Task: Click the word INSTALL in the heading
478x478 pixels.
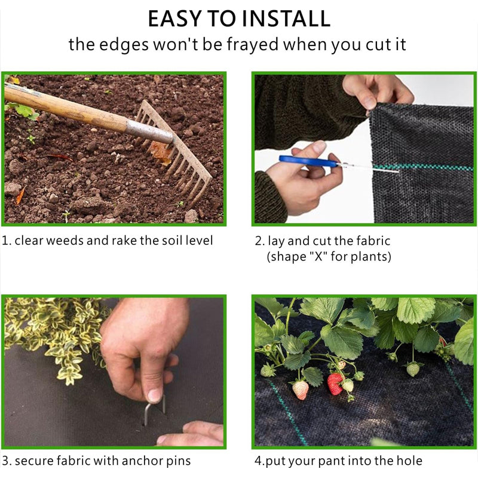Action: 286,19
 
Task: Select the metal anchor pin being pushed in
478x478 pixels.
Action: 155,409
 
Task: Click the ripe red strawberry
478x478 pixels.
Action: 335,384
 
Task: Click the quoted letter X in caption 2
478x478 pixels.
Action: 318,256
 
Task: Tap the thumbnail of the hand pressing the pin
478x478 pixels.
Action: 114,372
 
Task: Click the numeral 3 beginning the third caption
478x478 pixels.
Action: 5,461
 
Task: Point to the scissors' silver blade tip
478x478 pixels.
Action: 397,172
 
